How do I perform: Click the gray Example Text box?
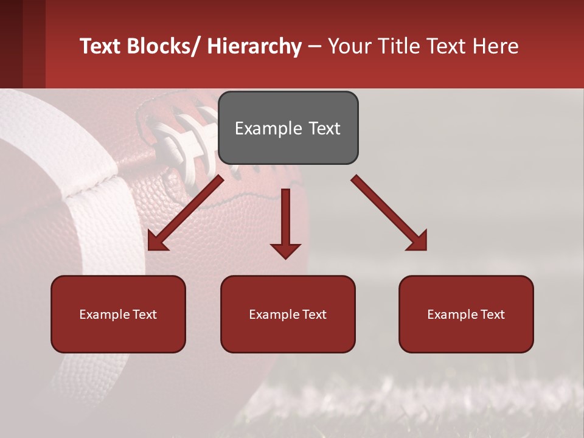click(x=288, y=128)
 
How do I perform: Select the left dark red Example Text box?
click(x=118, y=314)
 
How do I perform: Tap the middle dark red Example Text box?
click(x=288, y=314)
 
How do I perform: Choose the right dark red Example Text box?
click(x=466, y=314)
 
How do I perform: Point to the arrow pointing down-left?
click(x=186, y=213)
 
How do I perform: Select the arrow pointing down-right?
click(x=389, y=213)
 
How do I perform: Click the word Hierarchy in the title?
click(x=254, y=47)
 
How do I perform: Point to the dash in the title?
click(x=315, y=47)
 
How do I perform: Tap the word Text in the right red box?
click(x=492, y=315)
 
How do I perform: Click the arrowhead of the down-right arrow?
click(x=417, y=240)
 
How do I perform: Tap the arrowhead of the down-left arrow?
click(x=158, y=240)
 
